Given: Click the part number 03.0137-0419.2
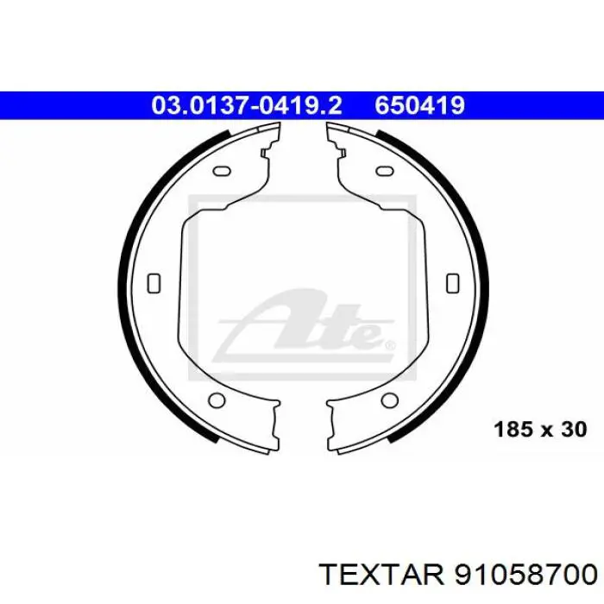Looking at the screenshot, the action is (x=247, y=105).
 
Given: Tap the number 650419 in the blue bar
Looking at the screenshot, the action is (x=420, y=105).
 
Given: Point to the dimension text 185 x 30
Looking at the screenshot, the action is (x=540, y=429).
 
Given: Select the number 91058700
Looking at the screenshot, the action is (x=526, y=576).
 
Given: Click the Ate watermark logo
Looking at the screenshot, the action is (x=305, y=327).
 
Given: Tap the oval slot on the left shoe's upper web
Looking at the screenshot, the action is (x=223, y=171).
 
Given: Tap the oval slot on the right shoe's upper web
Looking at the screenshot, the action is (x=385, y=171).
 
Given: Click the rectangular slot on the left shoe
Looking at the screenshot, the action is (x=154, y=283).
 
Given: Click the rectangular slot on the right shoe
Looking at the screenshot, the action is (x=453, y=283).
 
